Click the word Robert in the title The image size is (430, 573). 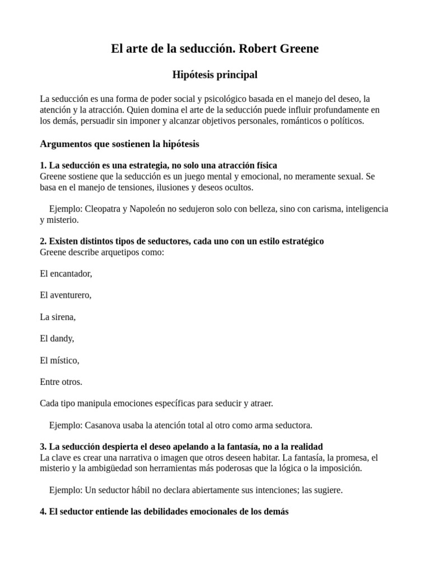258,49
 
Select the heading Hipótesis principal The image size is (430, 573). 214,74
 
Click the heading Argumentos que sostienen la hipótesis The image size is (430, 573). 119,144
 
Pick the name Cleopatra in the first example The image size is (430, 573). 106,209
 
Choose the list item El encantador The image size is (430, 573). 66,274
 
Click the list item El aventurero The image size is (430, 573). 66,295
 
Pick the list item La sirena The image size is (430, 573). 58,317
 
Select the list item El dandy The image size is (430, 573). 57,338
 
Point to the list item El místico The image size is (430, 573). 59,360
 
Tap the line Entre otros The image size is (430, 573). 61,382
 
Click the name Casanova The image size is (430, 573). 104,425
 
